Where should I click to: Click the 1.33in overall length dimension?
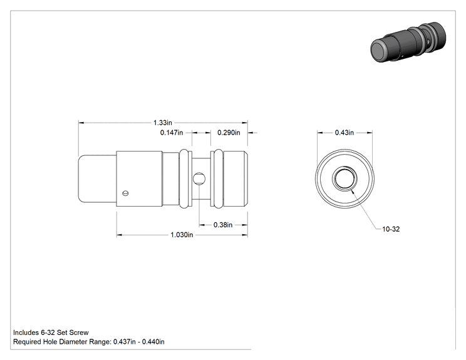(163, 123)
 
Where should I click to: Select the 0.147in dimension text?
(172, 133)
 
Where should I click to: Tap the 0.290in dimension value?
(229, 133)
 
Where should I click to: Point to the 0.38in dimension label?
(223, 225)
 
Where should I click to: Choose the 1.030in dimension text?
(182, 235)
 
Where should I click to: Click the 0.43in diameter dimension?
(344, 133)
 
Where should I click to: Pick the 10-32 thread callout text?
(391, 229)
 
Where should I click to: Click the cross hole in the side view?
(199, 178)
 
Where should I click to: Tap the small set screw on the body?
(125, 193)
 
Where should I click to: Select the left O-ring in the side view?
(184, 178)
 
